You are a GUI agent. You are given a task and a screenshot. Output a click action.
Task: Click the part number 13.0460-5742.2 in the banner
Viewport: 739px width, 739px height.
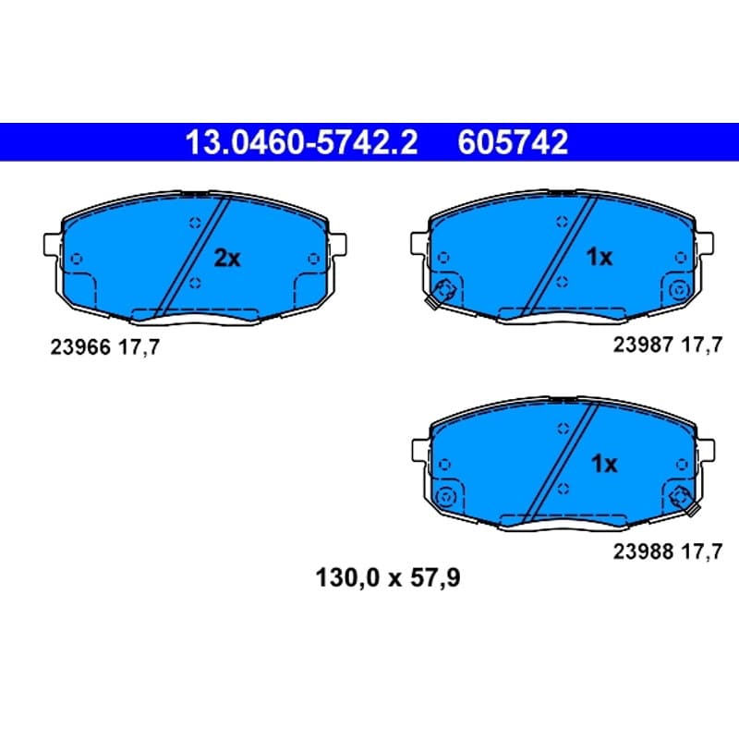coord(301,142)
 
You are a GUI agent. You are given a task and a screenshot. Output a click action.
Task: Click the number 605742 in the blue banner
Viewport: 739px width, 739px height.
coord(513,142)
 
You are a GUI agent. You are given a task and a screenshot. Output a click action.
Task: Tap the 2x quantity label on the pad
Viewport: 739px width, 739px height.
coord(227,258)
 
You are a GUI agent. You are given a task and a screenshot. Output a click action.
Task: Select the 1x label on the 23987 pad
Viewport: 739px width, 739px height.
coord(599,257)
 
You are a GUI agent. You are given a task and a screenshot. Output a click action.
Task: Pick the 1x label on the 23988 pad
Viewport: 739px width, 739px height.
coord(604,465)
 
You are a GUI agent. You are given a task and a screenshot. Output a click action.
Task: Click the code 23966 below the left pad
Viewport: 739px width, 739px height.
coord(80,347)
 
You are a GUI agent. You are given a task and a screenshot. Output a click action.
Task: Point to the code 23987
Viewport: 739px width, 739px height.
coord(643,345)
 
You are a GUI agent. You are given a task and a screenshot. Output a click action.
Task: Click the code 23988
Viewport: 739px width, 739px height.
coord(643,551)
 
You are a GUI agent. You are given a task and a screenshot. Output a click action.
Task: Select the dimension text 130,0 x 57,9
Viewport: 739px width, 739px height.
coord(387,578)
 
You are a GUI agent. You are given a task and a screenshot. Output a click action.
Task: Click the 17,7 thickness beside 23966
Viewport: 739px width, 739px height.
coord(139,348)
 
